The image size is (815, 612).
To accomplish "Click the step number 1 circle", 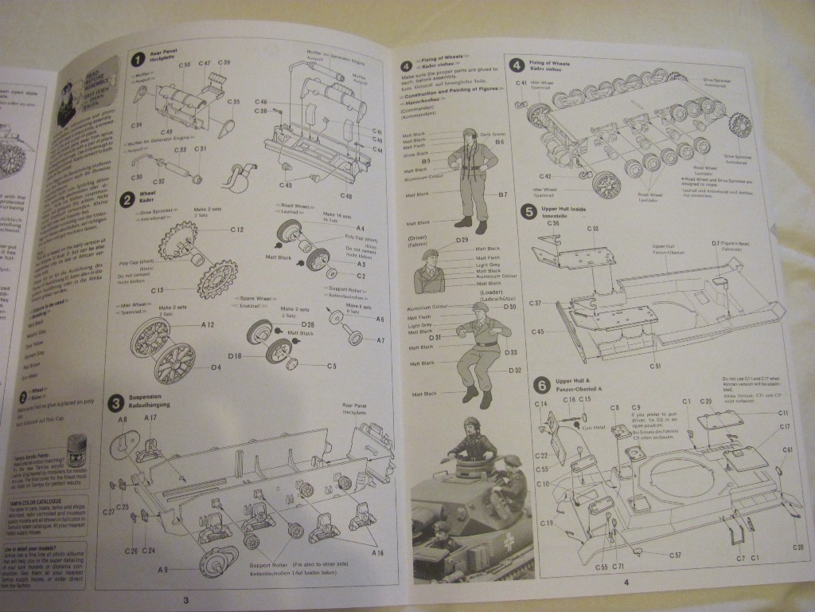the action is [x=137, y=57].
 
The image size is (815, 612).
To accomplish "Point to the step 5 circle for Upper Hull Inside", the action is [x=527, y=210].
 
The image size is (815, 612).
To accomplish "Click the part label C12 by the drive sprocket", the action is [x=236, y=229].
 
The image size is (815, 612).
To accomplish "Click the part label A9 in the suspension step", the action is [x=164, y=569].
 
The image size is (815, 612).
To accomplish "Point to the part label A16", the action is [x=376, y=552].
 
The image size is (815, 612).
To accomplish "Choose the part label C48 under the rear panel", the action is [x=347, y=197].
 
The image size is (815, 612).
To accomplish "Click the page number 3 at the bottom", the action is [x=185, y=600].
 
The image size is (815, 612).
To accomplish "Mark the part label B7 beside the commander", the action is [x=503, y=194].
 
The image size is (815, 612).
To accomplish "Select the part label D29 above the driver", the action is [x=462, y=240].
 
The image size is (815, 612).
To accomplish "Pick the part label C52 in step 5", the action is [x=593, y=229].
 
